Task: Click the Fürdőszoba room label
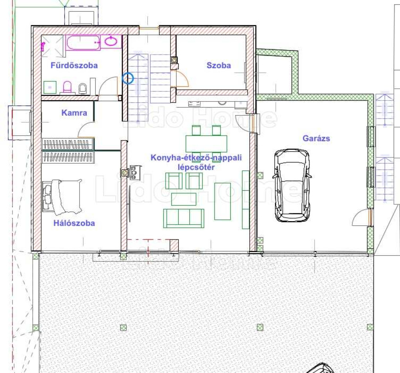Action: pyautogui.click(x=74, y=65)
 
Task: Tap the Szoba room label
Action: pyautogui.click(x=219, y=65)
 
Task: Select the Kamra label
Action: pyautogui.click(x=74, y=113)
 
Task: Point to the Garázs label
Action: pyautogui.click(x=316, y=138)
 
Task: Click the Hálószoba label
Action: pyautogui.click(x=74, y=223)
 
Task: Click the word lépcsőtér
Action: pyautogui.click(x=196, y=167)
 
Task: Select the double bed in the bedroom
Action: pyautogui.click(x=62, y=196)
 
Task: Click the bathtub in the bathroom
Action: pyautogui.click(x=83, y=43)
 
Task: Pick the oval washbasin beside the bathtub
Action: pyautogui.click(x=111, y=41)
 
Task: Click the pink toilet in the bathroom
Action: pyautogui.click(x=67, y=87)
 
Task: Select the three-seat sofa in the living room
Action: pyautogui.click(x=184, y=218)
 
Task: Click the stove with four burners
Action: pyautogui.click(x=135, y=173)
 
